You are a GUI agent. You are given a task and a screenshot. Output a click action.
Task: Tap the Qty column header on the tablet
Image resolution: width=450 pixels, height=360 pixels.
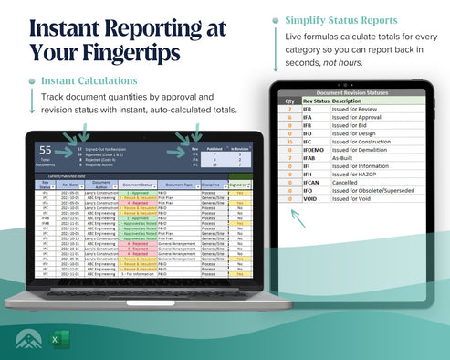tap(289, 101)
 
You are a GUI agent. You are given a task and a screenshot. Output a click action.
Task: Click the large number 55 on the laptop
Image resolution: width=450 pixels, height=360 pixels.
tap(45, 149)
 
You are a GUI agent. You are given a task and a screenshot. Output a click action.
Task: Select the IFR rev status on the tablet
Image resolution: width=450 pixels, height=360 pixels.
tap(308, 109)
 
